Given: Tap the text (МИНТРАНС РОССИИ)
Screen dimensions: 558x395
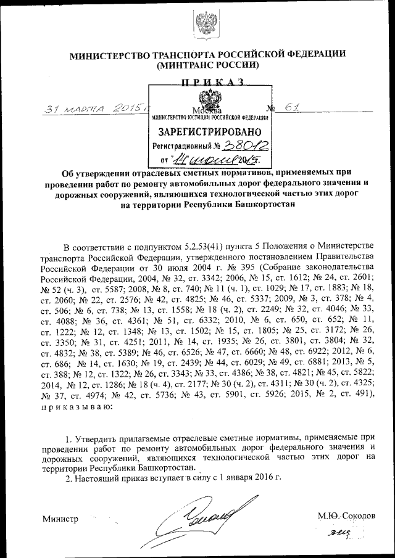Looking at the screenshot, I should click(x=207, y=65).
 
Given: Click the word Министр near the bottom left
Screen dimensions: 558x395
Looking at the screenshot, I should click(x=60, y=519).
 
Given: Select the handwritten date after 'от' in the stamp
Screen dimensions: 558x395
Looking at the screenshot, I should click(x=204, y=162).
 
